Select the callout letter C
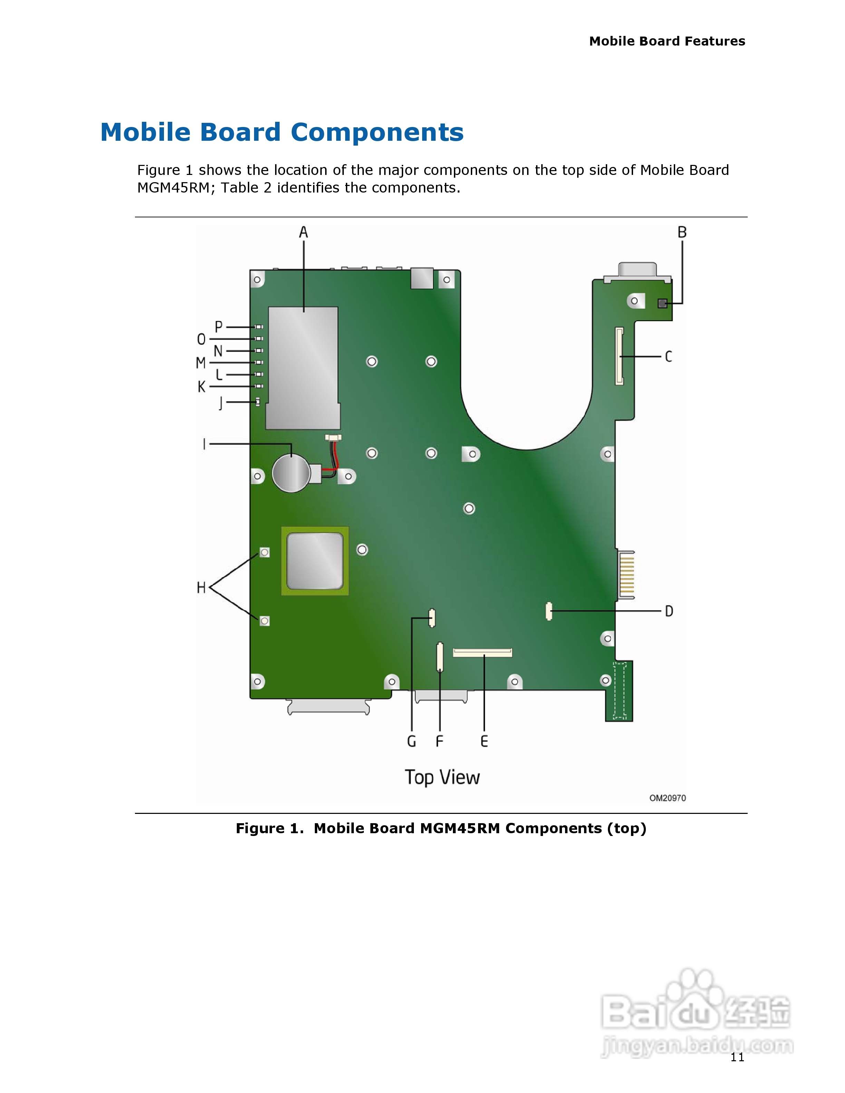click(668, 357)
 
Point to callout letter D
click(669, 611)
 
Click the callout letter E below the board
click(484, 741)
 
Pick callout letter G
click(411, 741)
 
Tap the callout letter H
click(201, 588)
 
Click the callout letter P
click(218, 327)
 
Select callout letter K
click(201, 386)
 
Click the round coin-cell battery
click(291, 473)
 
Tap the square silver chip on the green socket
click(315, 561)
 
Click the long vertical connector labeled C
click(619, 356)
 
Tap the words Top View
click(442, 777)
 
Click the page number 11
click(737, 1057)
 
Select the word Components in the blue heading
click(377, 132)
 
